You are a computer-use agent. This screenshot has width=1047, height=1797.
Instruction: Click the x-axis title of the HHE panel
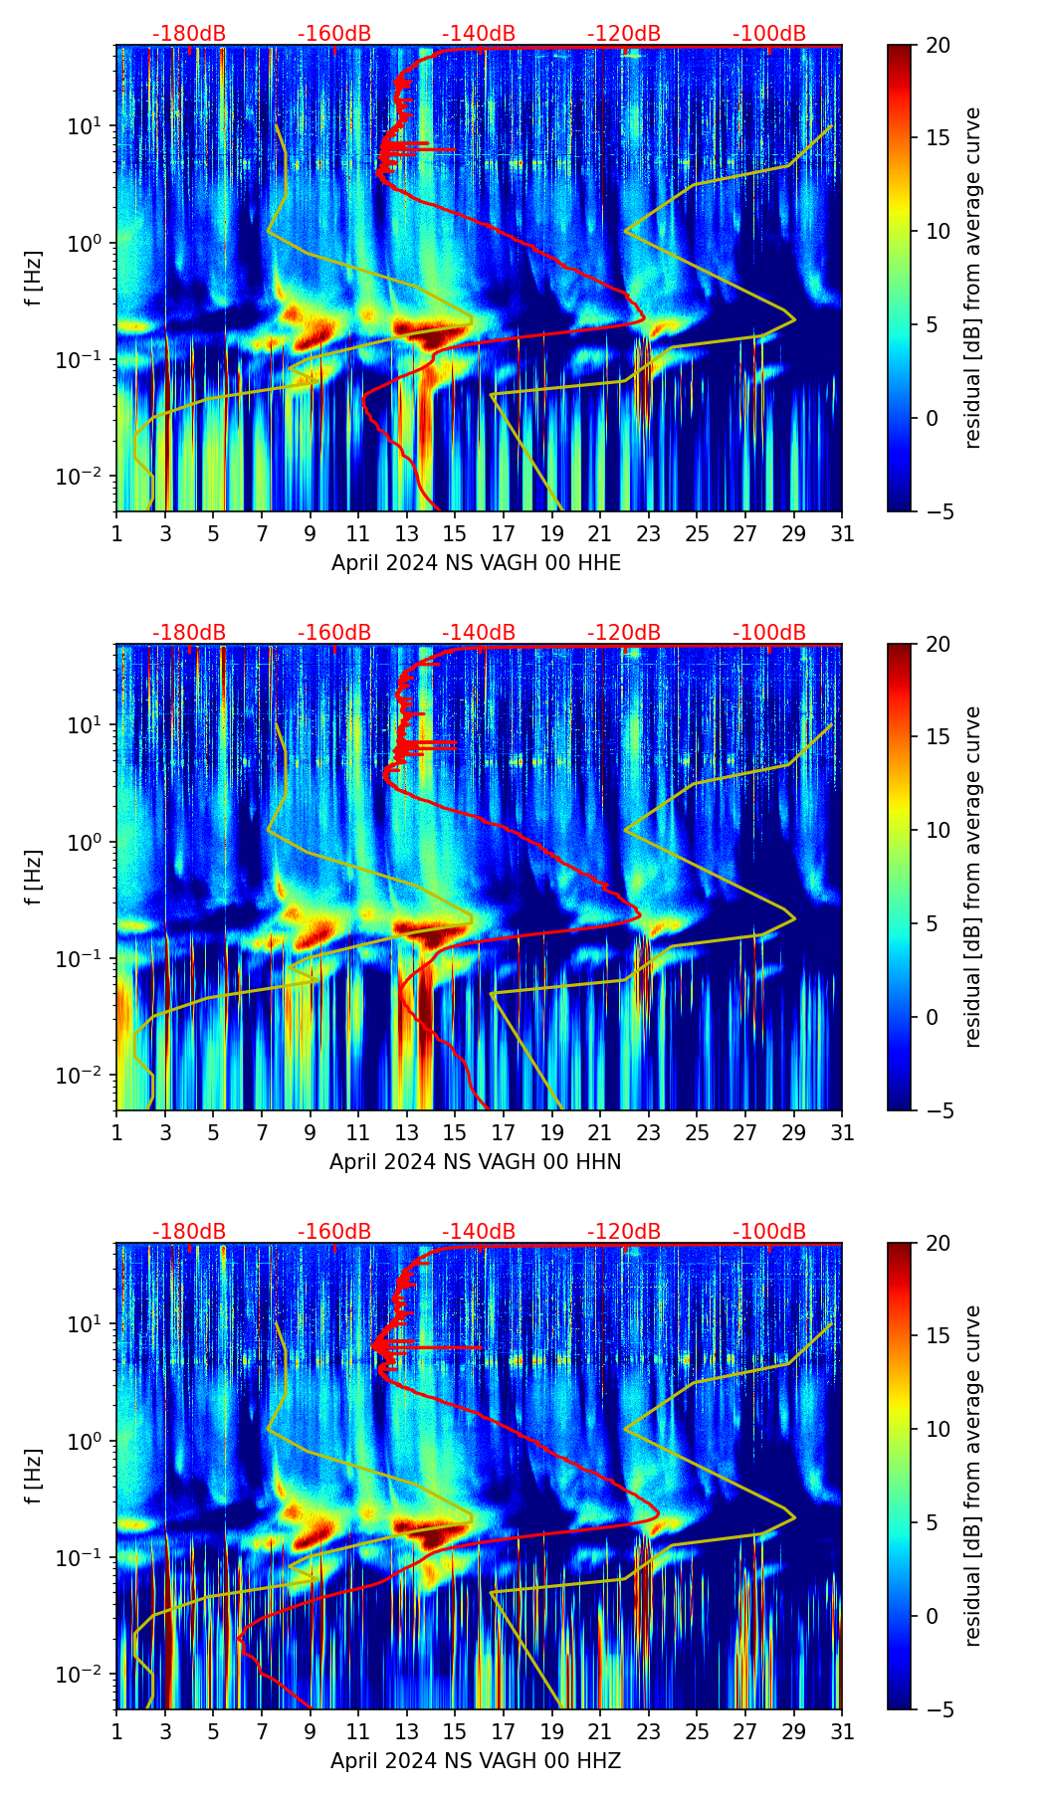tap(476, 563)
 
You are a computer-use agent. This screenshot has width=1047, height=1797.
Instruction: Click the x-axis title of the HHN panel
tap(476, 1162)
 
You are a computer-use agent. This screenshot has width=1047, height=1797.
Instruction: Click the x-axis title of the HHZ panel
tap(476, 1761)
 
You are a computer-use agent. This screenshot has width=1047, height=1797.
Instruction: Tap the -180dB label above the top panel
tap(189, 34)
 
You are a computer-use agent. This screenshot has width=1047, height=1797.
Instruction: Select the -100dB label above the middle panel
tap(769, 633)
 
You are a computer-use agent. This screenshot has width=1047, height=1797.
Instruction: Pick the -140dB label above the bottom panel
tap(479, 1232)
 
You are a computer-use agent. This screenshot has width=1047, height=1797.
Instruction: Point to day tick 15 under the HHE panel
tap(455, 533)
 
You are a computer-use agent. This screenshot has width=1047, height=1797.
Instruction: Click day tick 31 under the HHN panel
tap(842, 1132)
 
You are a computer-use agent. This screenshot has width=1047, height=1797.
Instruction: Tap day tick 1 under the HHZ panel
tap(116, 1731)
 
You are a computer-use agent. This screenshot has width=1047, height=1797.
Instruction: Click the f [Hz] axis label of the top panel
tap(35, 279)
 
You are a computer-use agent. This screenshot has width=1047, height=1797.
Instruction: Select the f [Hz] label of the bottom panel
tap(35, 1477)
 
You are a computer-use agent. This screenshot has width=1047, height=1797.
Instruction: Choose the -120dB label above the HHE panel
tap(624, 34)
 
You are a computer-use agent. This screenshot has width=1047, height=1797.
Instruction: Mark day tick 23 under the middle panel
tap(649, 1132)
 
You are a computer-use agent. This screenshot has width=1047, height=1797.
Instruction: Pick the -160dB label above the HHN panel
tap(334, 633)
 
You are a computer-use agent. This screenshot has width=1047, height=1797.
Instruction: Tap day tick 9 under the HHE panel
tap(311, 533)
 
